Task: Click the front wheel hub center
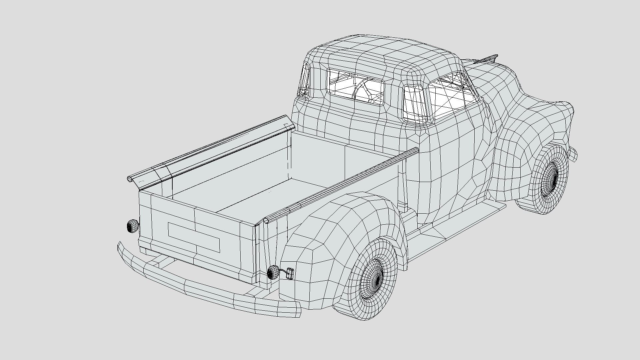click(552, 177)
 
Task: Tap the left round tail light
click(132, 226)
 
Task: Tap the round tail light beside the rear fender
click(273, 272)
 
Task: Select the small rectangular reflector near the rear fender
click(290, 274)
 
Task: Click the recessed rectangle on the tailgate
click(193, 237)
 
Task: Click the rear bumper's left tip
click(119, 247)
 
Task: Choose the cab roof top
click(383, 50)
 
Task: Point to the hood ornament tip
click(496, 56)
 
